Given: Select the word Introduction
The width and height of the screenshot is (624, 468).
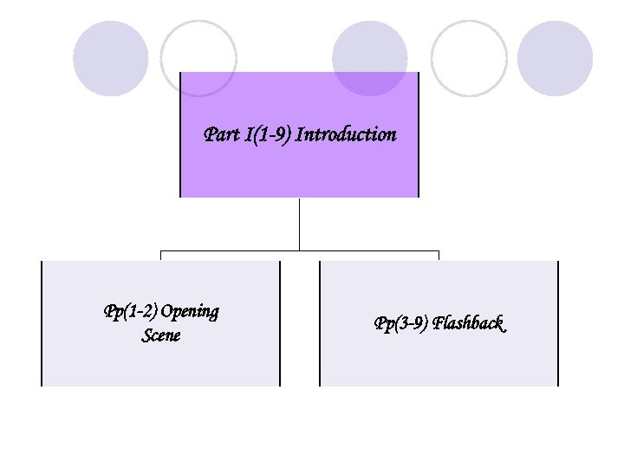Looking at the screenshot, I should (x=346, y=135).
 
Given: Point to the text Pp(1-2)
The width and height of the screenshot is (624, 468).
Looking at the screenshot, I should (x=130, y=311).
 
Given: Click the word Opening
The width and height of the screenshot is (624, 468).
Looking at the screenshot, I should (x=190, y=312).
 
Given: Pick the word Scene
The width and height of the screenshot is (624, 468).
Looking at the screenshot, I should (x=161, y=335).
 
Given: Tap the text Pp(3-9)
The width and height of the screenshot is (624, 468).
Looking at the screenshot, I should (x=401, y=324).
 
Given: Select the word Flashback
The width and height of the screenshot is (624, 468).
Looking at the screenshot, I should (x=469, y=324).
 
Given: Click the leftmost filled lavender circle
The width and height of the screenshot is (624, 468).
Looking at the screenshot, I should (x=111, y=58).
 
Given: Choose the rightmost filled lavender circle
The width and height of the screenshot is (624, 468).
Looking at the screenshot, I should (x=555, y=58).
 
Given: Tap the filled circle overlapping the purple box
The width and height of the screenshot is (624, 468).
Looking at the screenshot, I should (x=370, y=58).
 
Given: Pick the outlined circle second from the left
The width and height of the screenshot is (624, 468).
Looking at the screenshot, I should (x=198, y=58).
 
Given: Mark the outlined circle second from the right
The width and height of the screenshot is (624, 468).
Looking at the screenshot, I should (x=469, y=58).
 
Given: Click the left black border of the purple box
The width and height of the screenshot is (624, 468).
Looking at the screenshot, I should (x=180, y=134).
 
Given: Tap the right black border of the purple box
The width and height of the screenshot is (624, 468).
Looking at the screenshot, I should (x=419, y=134).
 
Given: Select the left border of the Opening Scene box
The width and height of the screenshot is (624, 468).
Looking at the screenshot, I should (x=42, y=323).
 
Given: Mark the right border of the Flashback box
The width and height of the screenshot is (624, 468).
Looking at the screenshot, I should (x=558, y=323).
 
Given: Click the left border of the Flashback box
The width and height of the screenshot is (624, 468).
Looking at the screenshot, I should (x=320, y=323).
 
